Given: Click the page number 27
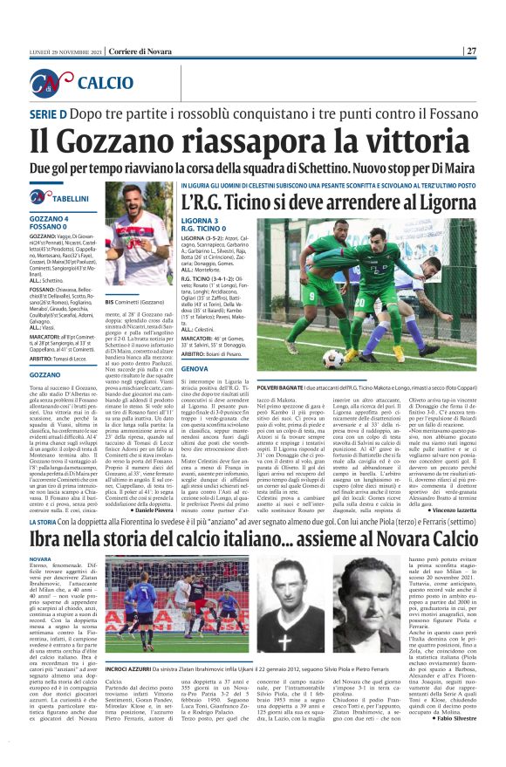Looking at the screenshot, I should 471,51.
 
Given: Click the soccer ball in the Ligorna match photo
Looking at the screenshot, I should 332,358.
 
